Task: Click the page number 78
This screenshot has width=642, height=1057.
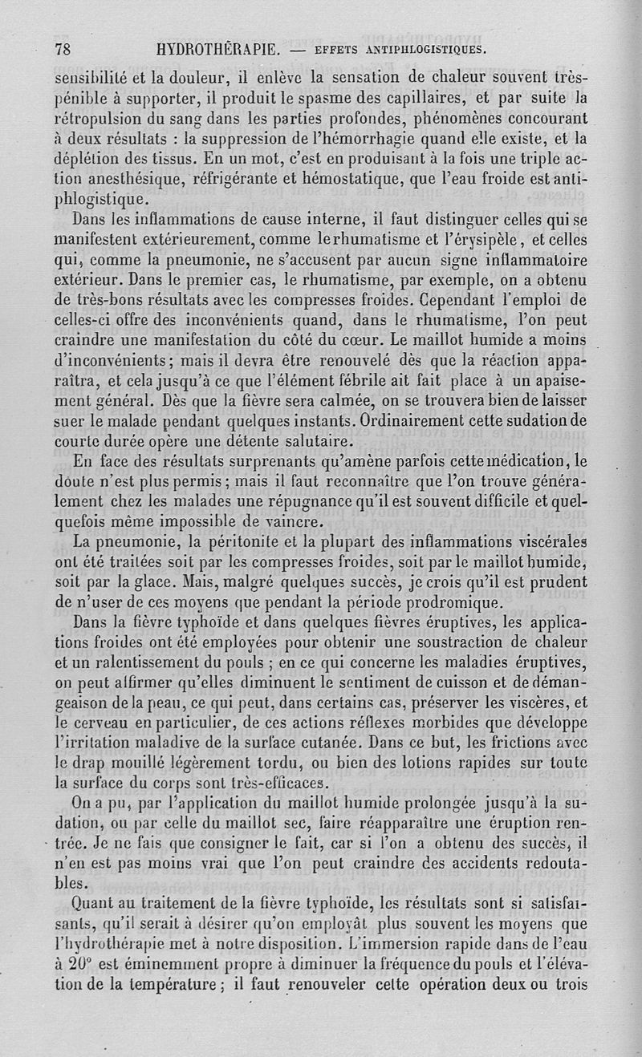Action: pos(63,48)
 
